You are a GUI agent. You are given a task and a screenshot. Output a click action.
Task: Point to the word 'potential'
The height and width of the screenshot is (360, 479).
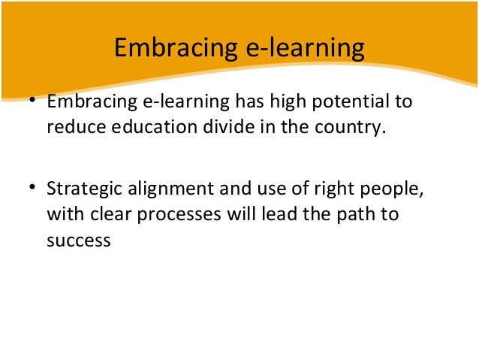point(342,101)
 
